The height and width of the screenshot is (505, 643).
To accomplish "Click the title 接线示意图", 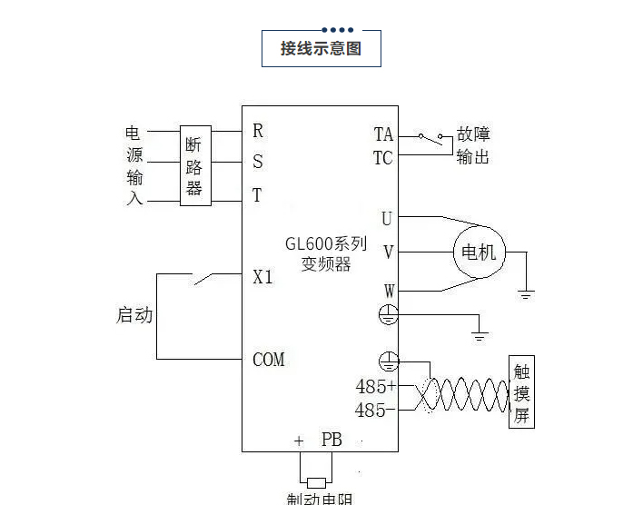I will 321,49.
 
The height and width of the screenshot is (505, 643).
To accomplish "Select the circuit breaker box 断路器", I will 194,165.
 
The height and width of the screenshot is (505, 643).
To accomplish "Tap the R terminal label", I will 258,131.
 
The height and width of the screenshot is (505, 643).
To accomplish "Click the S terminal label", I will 258,163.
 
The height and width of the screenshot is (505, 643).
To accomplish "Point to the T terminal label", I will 257,195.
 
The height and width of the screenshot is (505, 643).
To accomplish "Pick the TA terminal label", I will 383,134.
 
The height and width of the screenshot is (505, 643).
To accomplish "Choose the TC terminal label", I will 383,157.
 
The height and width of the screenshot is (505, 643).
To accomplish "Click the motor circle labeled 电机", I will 479,252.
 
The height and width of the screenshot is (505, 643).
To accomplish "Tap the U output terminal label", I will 387,218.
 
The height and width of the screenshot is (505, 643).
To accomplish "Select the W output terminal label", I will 389,291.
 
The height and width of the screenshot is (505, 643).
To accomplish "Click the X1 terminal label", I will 262,277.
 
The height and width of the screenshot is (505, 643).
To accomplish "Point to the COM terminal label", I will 268,360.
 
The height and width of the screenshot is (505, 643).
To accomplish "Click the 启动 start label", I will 134,316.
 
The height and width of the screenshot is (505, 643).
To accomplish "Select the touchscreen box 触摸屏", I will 521,394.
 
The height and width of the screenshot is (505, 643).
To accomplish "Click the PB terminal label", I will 331,440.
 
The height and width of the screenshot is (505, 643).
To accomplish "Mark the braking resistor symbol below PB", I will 316,482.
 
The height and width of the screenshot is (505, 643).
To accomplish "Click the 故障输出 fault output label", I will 472,145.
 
